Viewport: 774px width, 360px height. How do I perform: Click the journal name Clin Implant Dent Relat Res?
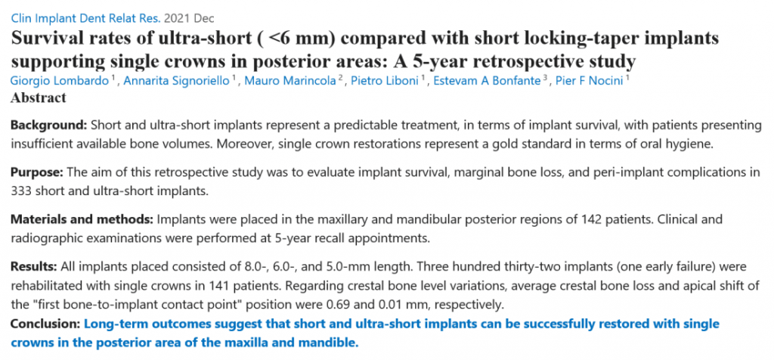(85, 19)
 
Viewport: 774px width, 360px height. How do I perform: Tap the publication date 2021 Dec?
(190, 19)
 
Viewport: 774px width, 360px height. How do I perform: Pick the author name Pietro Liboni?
(383, 81)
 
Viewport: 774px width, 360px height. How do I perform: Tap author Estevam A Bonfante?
(486, 81)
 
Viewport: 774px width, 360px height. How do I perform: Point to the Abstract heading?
(39, 98)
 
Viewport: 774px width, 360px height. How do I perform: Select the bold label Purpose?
(37, 172)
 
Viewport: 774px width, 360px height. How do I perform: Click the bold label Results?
(34, 267)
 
